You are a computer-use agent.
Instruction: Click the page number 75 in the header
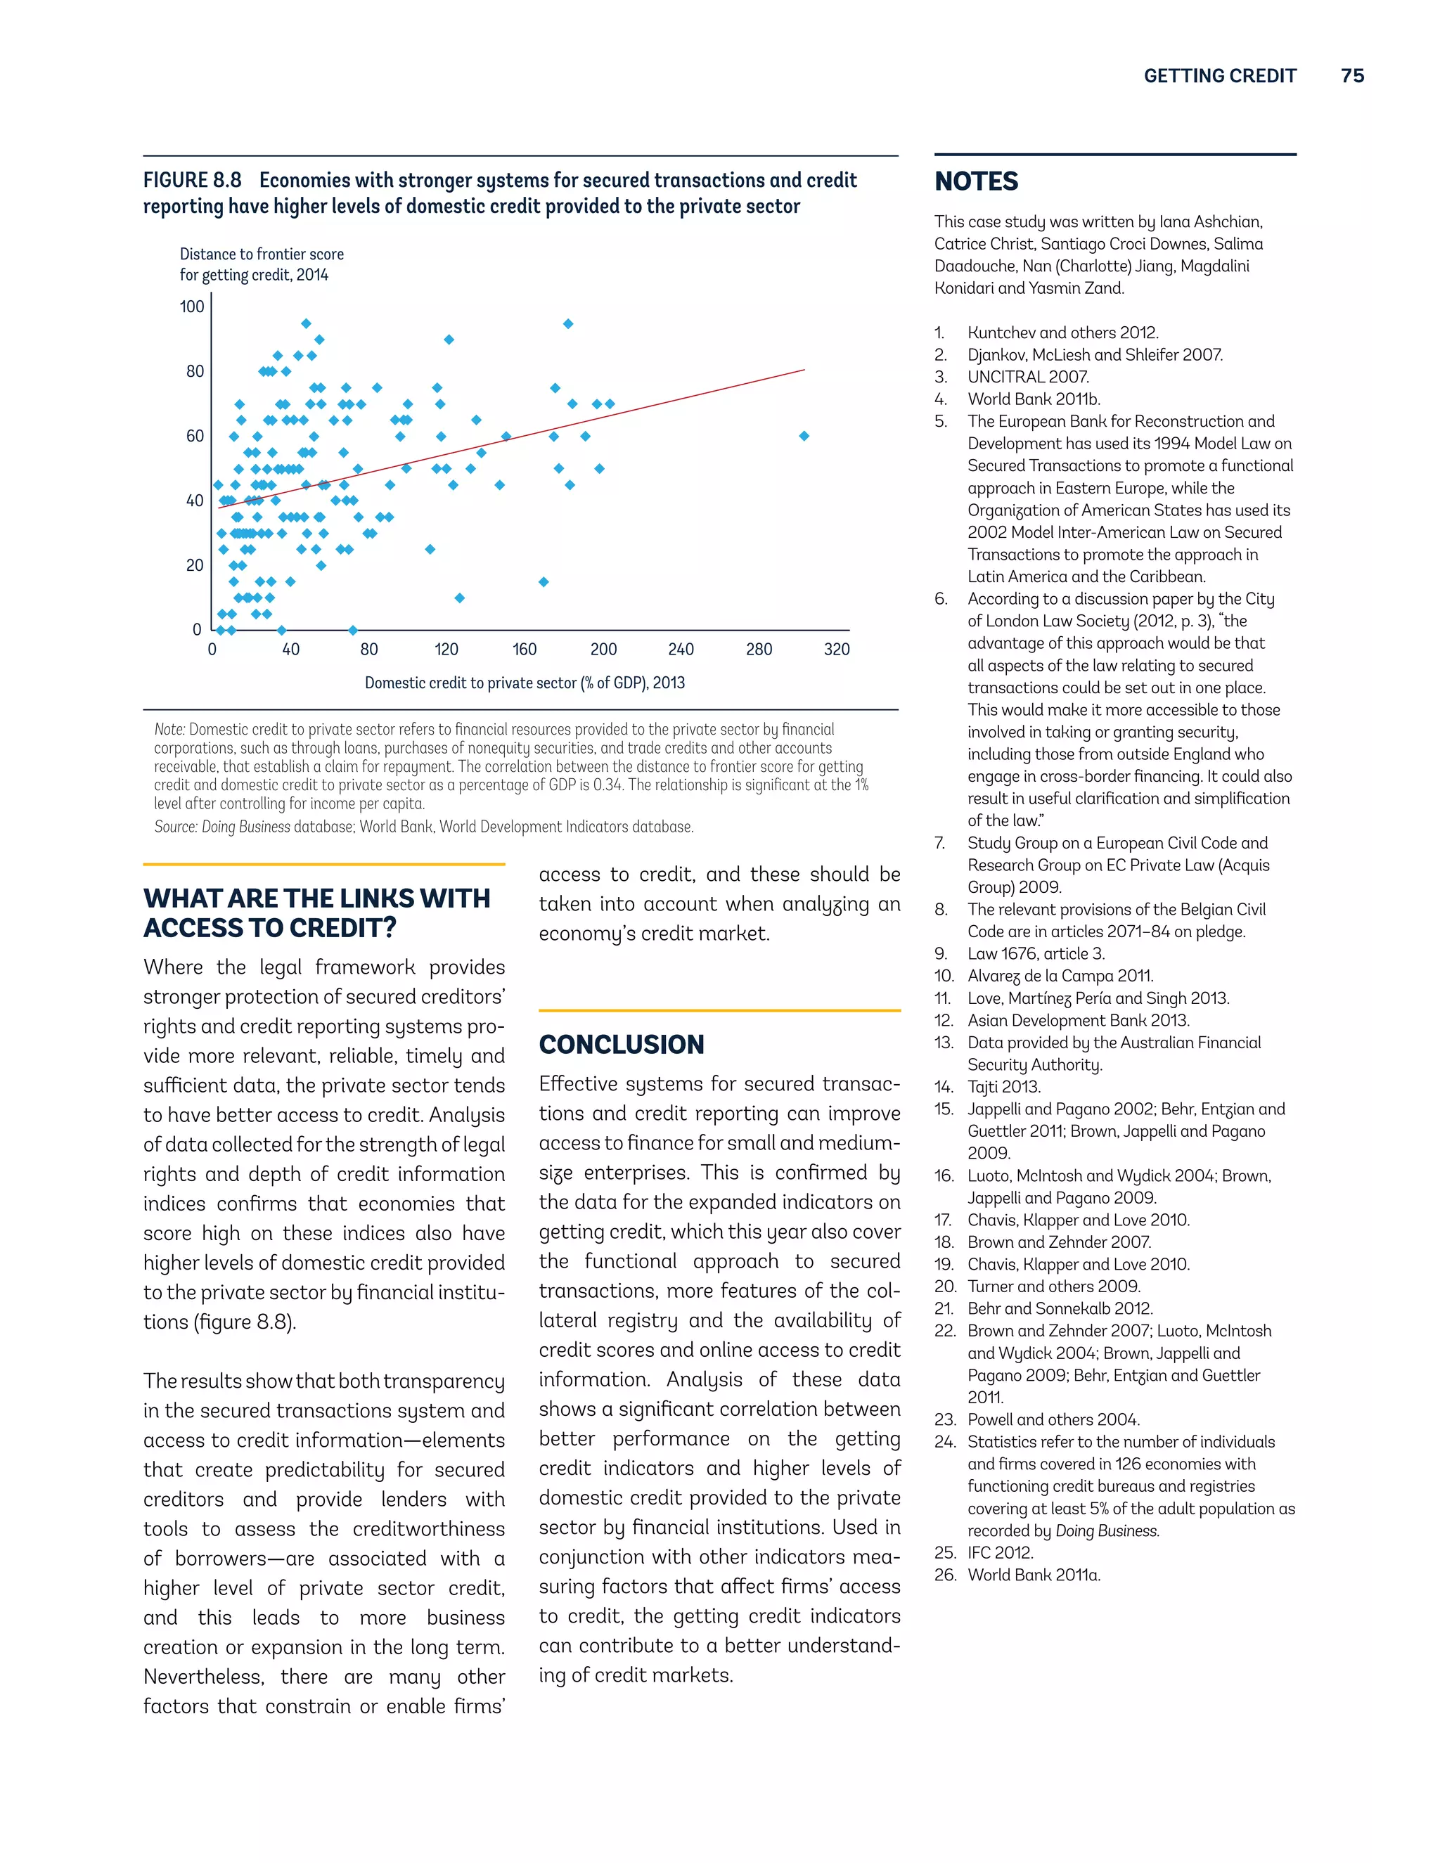click(1352, 76)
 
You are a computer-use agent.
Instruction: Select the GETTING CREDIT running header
click(1220, 76)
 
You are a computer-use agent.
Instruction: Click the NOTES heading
click(976, 181)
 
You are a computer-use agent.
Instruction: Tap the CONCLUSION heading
click(621, 1044)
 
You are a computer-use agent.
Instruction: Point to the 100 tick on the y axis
click(192, 307)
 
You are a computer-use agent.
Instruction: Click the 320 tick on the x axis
click(837, 649)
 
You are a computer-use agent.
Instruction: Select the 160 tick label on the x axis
click(525, 649)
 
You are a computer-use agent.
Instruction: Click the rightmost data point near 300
click(804, 436)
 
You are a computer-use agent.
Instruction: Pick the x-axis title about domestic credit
click(525, 683)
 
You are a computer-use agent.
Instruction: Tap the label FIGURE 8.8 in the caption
click(192, 181)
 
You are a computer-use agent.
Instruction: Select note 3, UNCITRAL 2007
click(1027, 377)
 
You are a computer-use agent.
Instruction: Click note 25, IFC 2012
click(1000, 1552)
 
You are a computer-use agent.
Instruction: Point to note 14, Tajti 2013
click(1003, 1087)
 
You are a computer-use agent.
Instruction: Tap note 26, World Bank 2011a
click(1033, 1575)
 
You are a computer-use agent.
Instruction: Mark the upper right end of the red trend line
click(804, 370)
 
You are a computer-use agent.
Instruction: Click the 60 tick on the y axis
click(195, 436)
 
